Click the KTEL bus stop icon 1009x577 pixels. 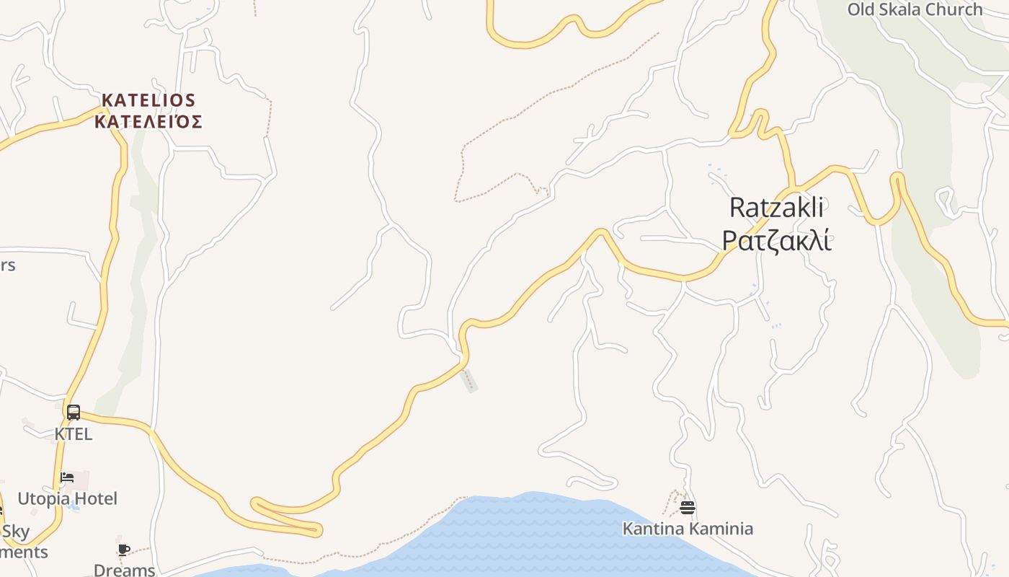(73, 413)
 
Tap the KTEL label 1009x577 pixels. (74, 434)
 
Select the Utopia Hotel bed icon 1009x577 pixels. (67, 477)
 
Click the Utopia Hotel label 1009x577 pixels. (67, 498)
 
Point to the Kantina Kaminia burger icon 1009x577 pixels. (687, 508)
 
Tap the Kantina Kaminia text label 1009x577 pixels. (688, 529)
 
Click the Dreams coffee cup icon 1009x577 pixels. (124, 550)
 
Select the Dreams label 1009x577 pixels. (124, 570)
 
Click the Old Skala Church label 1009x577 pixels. (915, 9)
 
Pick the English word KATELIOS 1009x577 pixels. (148, 100)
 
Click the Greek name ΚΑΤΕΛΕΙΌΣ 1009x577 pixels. (148, 121)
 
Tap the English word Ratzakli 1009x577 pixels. (776, 208)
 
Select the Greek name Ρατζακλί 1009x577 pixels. (776, 241)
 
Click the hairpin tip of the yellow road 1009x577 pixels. (255, 503)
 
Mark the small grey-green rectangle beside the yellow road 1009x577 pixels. (469, 380)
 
